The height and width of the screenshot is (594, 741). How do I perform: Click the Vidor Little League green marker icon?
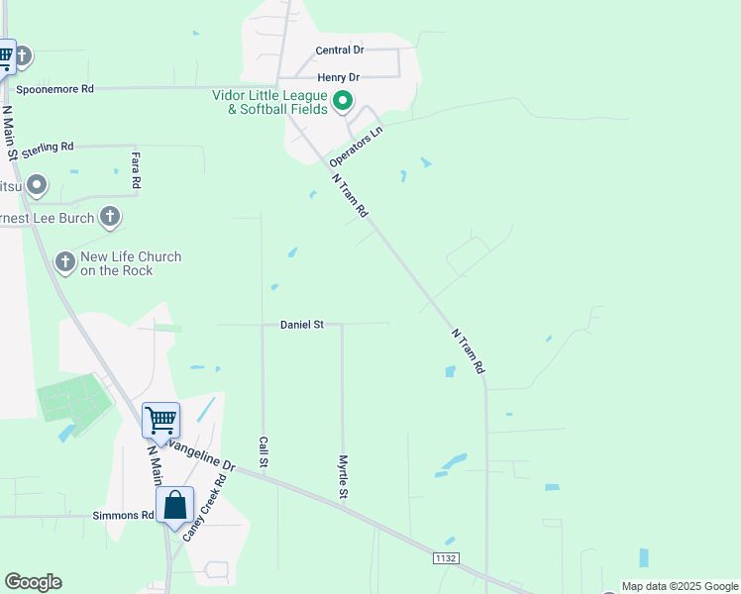[343, 100]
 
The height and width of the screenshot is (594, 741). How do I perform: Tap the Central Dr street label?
[340, 50]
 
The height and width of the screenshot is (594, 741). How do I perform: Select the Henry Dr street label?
[338, 77]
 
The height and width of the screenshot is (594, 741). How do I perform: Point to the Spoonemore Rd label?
[54, 89]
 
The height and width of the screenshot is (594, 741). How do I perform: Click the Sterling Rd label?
[48, 147]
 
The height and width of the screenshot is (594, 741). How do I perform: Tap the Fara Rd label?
[136, 170]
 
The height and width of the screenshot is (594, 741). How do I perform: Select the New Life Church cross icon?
[64, 262]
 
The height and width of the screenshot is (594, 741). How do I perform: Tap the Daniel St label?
[302, 325]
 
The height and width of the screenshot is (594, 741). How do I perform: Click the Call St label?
[264, 451]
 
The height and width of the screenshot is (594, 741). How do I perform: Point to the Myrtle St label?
[343, 476]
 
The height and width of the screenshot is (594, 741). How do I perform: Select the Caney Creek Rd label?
[204, 508]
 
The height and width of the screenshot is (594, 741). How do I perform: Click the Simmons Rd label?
[123, 516]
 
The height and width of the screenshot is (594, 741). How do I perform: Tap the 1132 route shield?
[445, 559]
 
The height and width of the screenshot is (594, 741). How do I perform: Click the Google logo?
[33, 582]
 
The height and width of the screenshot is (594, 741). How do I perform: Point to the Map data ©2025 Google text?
[680, 586]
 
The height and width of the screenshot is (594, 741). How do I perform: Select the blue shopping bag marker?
[174, 506]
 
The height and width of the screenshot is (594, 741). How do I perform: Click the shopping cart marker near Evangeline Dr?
[160, 421]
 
